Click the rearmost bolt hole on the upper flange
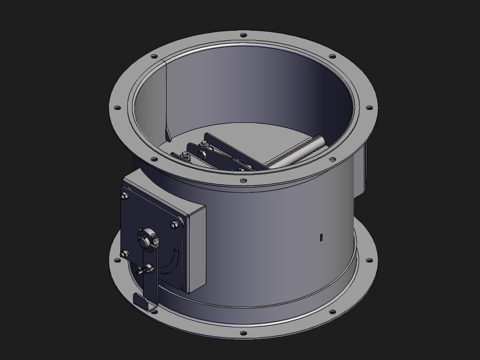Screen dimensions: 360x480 tap(243, 35)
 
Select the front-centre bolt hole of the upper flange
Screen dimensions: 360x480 tap(243, 181)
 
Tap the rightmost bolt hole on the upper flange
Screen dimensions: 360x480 tap(369, 108)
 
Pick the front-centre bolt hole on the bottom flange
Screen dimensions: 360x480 tap(243, 333)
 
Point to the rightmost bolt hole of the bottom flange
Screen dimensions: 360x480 tap(369, 261)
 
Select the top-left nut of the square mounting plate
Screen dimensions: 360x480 tap(125, 195)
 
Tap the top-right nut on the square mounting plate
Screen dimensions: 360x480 tap(174, 225)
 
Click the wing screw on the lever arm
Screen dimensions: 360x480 tap(146, 269)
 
